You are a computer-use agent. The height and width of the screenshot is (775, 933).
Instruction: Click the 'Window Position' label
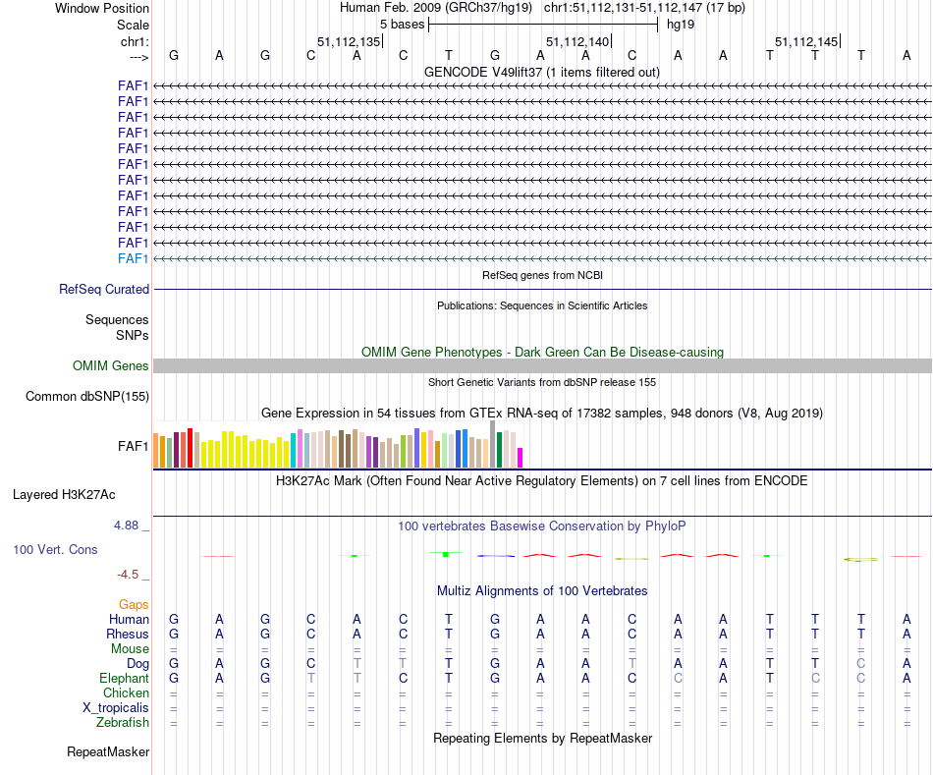click(x=102, y=8)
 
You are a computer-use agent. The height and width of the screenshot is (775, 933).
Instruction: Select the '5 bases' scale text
click(x=402, y=24)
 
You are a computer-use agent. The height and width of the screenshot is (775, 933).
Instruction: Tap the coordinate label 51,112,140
click(x=576, y=41)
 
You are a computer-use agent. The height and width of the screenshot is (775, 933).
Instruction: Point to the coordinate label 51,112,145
click(x=806, y=41)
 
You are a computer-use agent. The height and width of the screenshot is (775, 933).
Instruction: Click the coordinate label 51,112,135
click(x=349, y=41)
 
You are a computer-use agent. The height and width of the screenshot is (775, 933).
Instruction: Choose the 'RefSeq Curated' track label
click(x=104, y=290)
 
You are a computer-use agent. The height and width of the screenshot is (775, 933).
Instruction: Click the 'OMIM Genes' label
click(x=111, y=366)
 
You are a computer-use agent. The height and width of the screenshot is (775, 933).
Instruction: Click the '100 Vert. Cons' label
click(x=55, y=550)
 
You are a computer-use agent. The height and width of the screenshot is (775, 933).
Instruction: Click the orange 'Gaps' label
click(x=135, y=604)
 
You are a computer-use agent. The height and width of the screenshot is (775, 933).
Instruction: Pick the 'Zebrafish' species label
click(x=123, y=723)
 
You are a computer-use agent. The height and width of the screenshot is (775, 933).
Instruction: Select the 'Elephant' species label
click(x=124, y=679)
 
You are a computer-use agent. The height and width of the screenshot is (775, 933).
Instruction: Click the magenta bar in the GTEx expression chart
click(x=521, y=458)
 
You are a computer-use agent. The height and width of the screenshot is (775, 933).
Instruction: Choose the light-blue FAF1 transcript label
click(x=134, y=258)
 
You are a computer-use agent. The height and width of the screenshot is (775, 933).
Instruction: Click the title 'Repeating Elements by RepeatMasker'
click(x=542, y=738)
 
